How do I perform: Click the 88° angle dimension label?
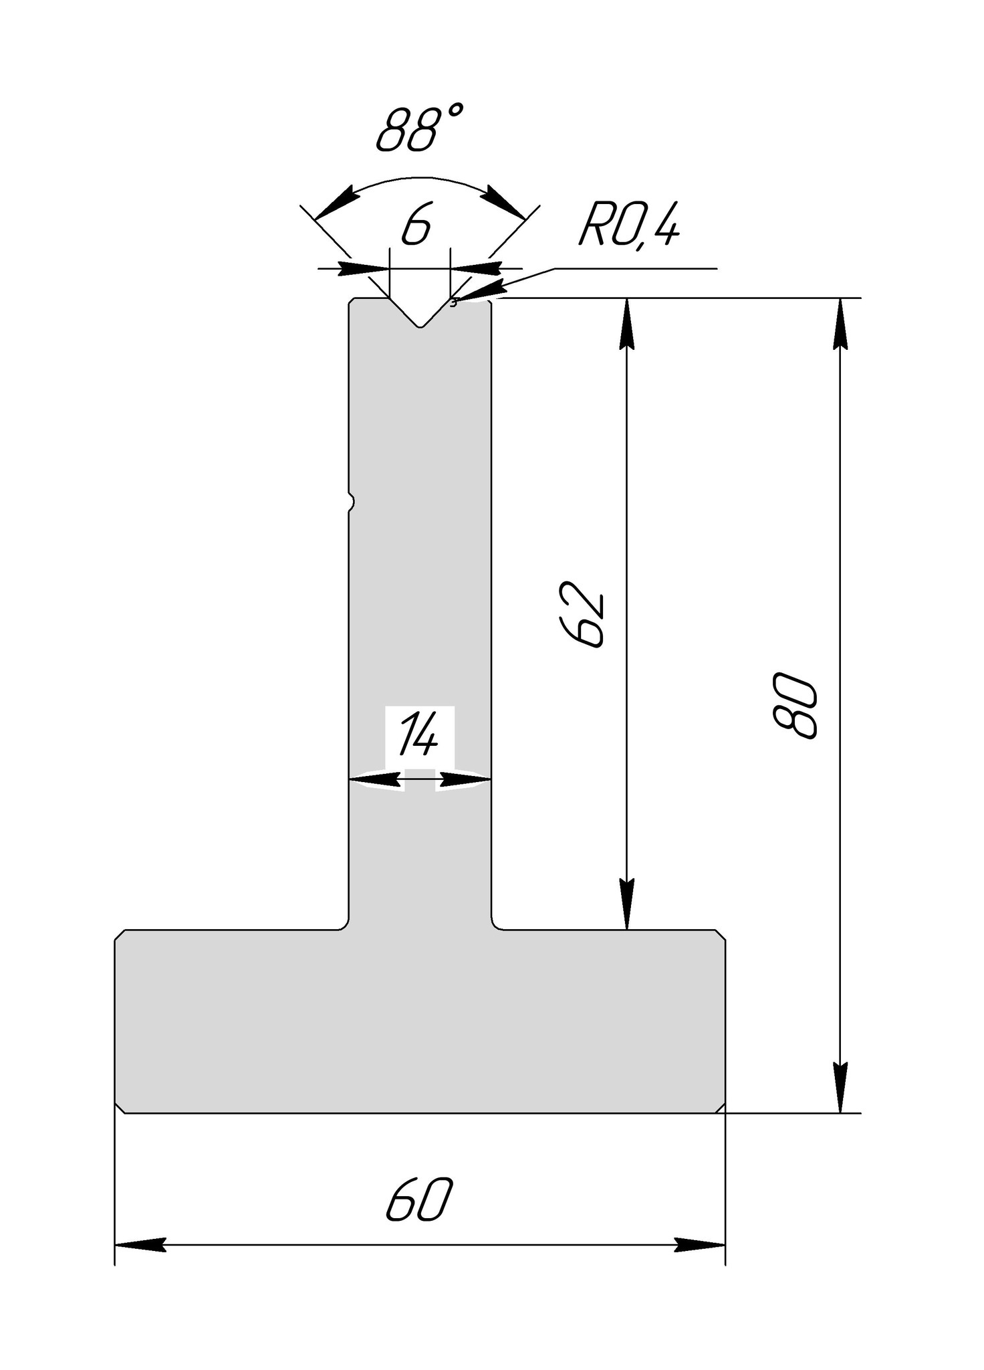(419, 128)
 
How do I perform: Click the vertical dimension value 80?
(795, 705)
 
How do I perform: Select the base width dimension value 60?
(419, 1201)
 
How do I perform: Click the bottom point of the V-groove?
(420, 326)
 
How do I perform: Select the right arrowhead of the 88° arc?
(505, 200)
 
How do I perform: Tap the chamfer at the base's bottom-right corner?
(720, 1108)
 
